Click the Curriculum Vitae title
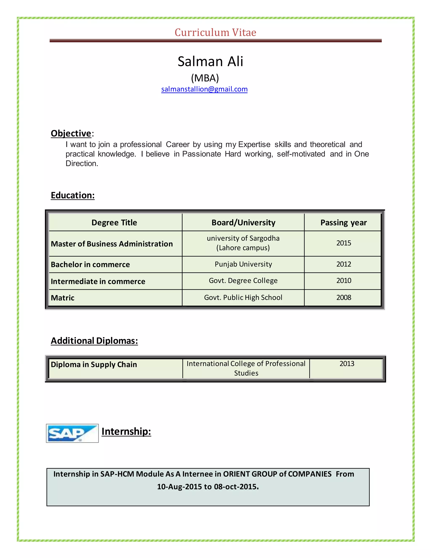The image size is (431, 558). pyautogui.click(x=215, y=32)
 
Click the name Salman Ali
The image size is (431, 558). pyautogui.click(x=210, y=61)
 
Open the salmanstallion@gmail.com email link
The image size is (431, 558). pyautogui.click(x=204, y=89)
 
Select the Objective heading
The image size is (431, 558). pyautogui.click(x=71, y=133)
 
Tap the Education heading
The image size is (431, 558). pyautogui.click(x=73, y=195)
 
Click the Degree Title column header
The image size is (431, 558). pyautogui.click(x=114, y=223)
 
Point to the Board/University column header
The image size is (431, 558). pyautogui.click(x=243, y=223)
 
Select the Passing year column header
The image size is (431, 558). pyautogui.click(x=343, y=223)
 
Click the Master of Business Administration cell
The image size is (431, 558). pyautogui.click(x=112, y=244)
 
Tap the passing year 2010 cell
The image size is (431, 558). pyautogui.click(x=344, y=280)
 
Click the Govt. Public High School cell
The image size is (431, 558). pyautogui.click(x=243, y=297)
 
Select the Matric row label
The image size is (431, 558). pyautogui.click(x=63, y=298)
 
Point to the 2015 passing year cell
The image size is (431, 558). pyautogui.click(x=344, y=243)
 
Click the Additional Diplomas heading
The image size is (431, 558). pyautogui.click(x=94, y=341)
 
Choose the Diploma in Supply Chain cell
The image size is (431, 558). pyautogui.click(x=94, y=364)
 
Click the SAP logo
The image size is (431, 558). pyautogui.click(x=72, y=433)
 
